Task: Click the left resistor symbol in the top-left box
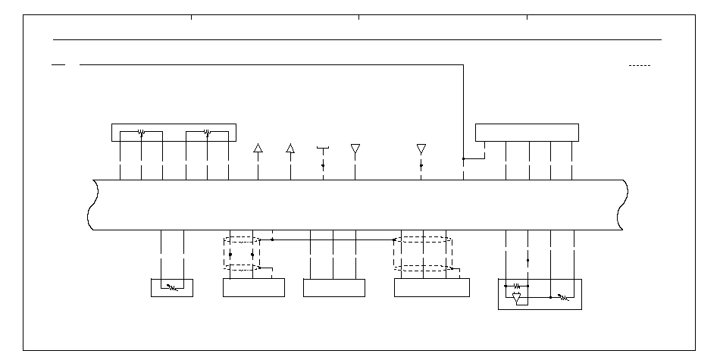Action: point(142,132)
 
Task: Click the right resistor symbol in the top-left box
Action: point(208,132)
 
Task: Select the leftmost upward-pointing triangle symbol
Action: point(258,148)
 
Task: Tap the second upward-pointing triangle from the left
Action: point(290,148)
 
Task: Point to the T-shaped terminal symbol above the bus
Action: point(323,146)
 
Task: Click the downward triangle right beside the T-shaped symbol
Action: point(355,149)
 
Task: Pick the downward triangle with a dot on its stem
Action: point(421,149)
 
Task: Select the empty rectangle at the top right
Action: point(527,133)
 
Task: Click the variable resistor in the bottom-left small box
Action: point(172,288)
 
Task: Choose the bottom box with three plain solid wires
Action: point(333,288)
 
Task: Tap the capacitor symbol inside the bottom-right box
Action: point(516,286)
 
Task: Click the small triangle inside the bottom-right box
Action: point(517,299)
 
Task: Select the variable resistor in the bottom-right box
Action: point(563,298)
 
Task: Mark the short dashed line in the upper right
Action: point(640,66)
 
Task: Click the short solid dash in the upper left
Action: point(58,65)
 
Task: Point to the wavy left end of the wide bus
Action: point(91,205)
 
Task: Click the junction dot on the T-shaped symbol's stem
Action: point(323,165)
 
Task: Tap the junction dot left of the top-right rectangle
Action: point(463,159)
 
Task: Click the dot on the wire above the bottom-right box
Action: point(528,260)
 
